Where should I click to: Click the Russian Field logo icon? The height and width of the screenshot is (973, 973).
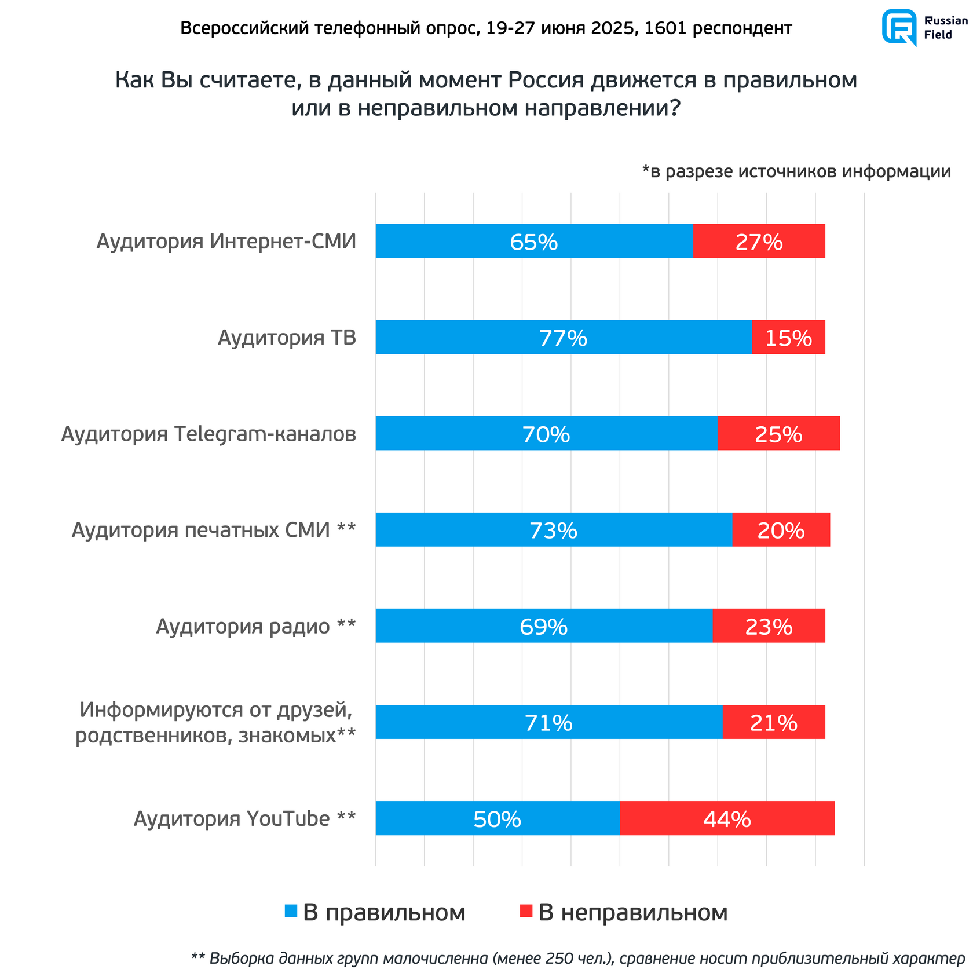tap(898, 27)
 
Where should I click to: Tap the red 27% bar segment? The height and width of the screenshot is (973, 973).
tap(759, 241)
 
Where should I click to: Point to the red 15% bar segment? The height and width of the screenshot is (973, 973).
tap(788, 337)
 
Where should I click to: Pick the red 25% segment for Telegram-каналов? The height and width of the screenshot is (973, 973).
tap(778, 433)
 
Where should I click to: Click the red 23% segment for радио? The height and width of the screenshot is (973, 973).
tap(769, 625)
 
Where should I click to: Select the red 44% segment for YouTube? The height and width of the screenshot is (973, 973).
tap(727, 818)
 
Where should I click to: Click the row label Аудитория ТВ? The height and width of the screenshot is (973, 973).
tap(287, 338)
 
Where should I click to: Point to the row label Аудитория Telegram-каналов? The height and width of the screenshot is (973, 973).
tap(209, 434)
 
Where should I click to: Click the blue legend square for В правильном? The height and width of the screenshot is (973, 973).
tap(291, 911)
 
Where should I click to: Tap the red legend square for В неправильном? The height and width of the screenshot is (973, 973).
tap(526, 911)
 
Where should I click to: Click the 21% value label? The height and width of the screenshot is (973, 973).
tap(773, 723)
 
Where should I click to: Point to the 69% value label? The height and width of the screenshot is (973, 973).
tap(543, 627)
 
